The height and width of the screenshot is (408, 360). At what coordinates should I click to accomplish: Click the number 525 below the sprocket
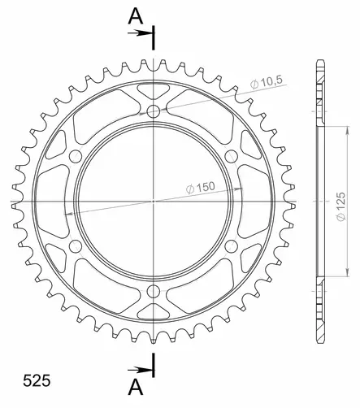point(24,379)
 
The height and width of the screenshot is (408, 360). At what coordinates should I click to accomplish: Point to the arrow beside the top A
point(141,33)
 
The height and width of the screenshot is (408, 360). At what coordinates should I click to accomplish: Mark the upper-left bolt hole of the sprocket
point(76,155)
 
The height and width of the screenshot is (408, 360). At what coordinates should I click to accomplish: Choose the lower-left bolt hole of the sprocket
point(76,245)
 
